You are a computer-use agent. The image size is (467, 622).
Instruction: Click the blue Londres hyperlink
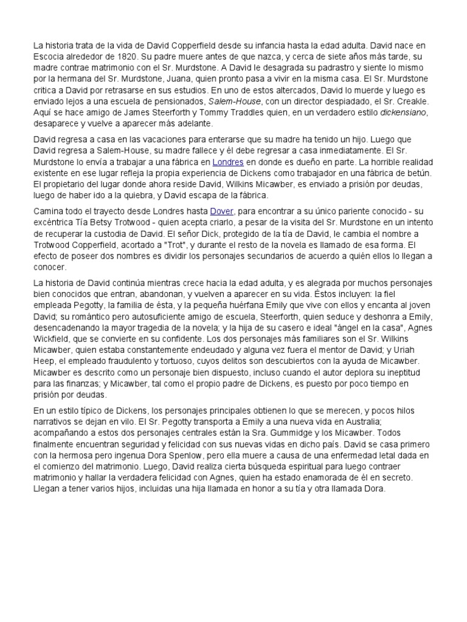coord(227,163)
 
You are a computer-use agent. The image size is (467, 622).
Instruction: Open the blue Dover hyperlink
coord(220,211)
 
